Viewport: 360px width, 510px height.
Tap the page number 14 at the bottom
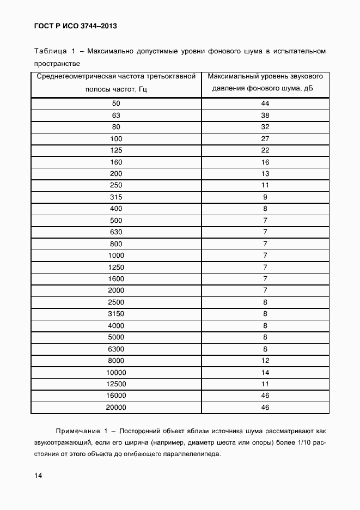(x=38, y=476)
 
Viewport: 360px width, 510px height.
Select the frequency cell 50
(x=116, y=104)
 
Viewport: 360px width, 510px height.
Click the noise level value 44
(x=265, y=104)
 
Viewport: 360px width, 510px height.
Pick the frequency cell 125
(x=116, y=150)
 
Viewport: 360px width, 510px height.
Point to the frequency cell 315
(x=116, y=197)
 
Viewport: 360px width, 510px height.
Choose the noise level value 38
(x=265, y=116)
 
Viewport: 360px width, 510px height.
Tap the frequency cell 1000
(x=116, y=256)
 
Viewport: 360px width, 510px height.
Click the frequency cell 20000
(x=116, y=408)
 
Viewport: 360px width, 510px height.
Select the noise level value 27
(x=265, y=139)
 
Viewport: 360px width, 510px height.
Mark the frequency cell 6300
(x=116, y=349)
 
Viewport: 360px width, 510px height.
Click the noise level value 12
(x=265, y=361)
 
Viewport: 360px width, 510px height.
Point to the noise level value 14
(x=265, y=373)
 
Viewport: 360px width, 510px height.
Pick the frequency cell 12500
(x=116, y=384)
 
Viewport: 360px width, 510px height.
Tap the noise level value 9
(x=265, y=197)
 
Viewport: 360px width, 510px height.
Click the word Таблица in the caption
(x=50, y=52)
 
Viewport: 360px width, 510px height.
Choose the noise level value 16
(x=265, y=162)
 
